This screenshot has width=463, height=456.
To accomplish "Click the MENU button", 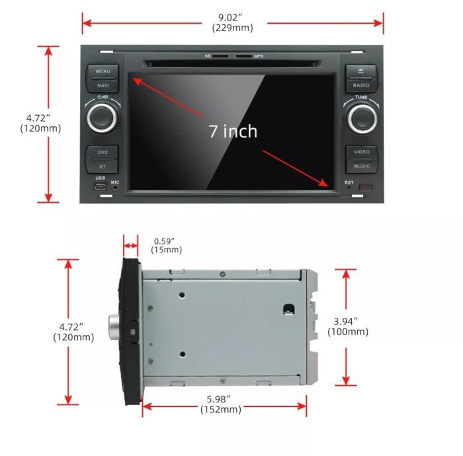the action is [x=103, y=71].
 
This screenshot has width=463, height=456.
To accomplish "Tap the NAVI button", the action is [x=103, y=85].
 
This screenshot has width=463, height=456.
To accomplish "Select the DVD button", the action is [x=103, y=153].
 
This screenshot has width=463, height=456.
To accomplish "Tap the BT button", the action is [x=103, y=166].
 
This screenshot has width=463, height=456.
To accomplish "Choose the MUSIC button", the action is [x=361, y=166].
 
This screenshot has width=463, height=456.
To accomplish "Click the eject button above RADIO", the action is [x=361, y=71].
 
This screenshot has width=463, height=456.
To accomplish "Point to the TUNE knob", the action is [x=361, y=118].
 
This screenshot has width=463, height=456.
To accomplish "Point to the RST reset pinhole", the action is [x=349, y=188].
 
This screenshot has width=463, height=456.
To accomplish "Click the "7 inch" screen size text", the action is [x=233, y=131].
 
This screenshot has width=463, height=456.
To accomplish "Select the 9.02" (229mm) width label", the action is [x=232, y=23].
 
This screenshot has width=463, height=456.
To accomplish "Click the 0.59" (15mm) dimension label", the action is [x=167, y=245].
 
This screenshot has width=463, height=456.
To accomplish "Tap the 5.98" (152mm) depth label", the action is [x=221, y=404].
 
